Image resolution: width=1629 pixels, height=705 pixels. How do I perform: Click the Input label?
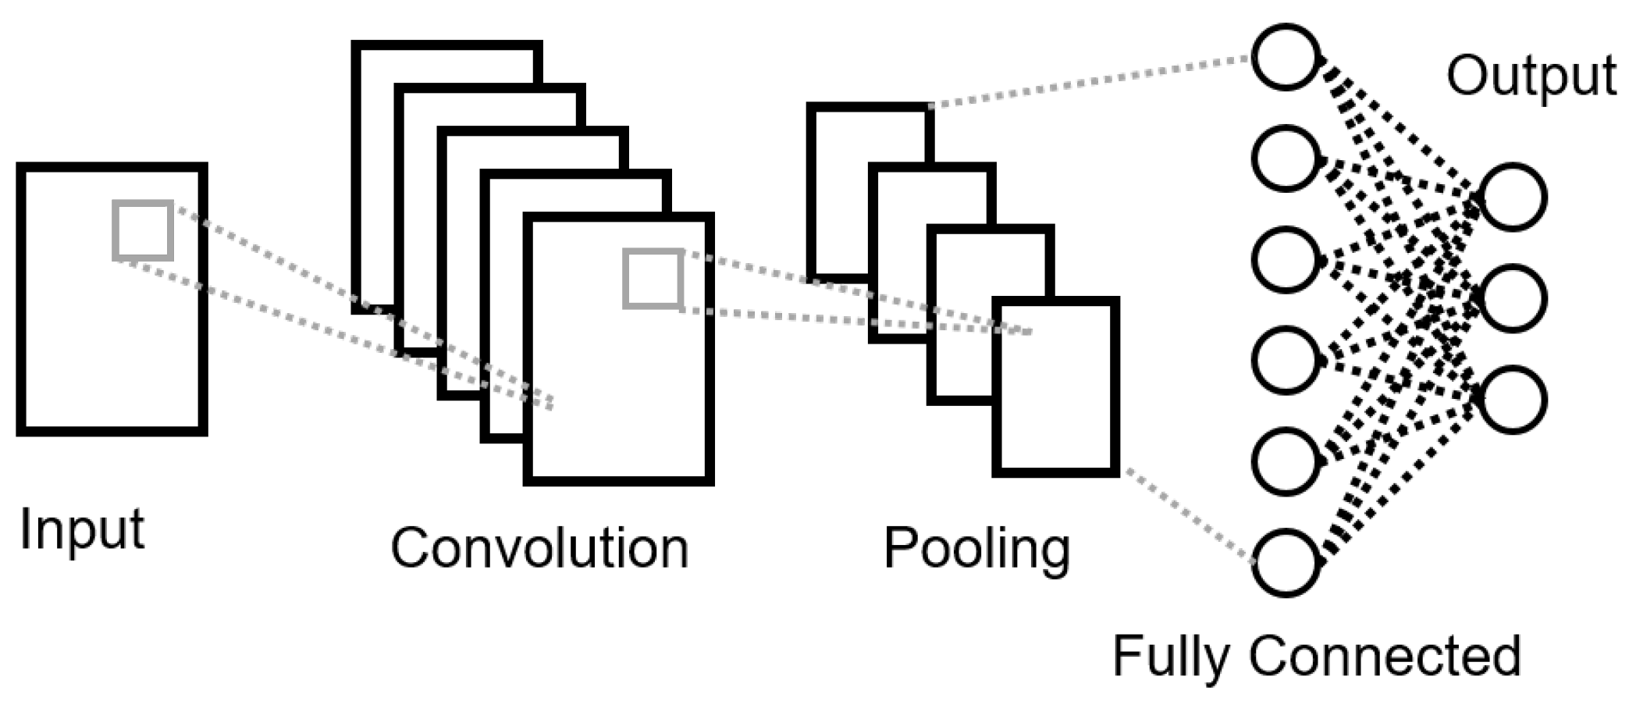pyautogui.click(x=82, y=530)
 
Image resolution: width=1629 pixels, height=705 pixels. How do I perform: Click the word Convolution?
pyautogui.click(x=539, y=548)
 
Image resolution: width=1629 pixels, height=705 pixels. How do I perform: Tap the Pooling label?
pyautogui.click(x=976, y=548)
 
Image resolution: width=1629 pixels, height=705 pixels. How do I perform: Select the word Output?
pyautogui.click(x=1531, y=76)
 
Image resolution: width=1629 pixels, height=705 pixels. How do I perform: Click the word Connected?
pyautogui.click(x=1385, y=655)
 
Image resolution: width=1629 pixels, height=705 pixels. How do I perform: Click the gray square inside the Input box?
pyautogui.click(x=143, y=230)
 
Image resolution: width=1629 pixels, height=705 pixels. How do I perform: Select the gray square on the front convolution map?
pyautogui.click(x=653, y=279)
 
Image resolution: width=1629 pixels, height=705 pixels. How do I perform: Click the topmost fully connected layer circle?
pyautogui.click(x=1286, y=57)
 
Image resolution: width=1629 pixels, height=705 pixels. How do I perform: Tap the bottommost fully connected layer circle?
pyautogui.click(x=1286, y=563)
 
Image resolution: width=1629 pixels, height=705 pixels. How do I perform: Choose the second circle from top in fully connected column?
pyautogui.click(x=1286, y=158)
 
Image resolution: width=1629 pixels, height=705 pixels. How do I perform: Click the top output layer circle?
pyautogui.click(x=1513, y=198)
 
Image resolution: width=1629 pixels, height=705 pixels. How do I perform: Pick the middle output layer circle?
pyautogui.click(x=1513, y=298)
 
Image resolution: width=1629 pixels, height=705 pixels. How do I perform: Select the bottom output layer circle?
pyautogui.click(x=1513, y=399)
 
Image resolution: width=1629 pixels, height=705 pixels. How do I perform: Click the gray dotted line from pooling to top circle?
pyautogui.click(x=1093, y=82)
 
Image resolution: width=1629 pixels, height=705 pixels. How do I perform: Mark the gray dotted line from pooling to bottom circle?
pyautogui.click(x=1186, y=515)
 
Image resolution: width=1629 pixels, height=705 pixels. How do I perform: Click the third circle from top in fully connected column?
pyautogui.click(x=1286, y=259)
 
